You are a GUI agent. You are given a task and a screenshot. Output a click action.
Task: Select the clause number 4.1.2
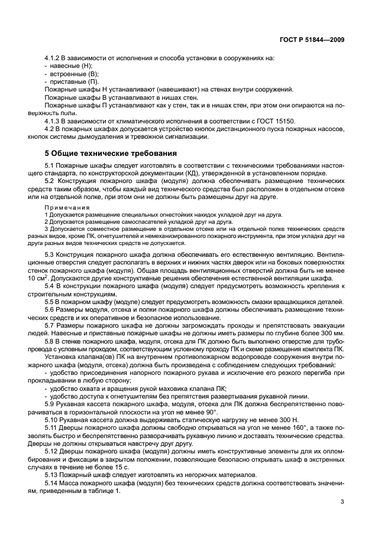pyautogui.click(x=53, y=58)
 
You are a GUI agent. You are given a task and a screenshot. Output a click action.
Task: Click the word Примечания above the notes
pyautogui.click(x=67, y=208)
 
